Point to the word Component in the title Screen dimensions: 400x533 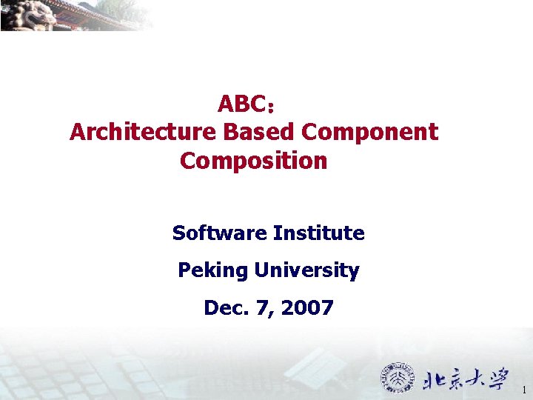pos(370,132)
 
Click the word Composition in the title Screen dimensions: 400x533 pos(253,160)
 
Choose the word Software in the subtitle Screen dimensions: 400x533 pos(219,233)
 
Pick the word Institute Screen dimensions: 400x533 pos(319,233)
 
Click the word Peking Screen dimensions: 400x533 pos(212,270)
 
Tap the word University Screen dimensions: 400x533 pos(306,270)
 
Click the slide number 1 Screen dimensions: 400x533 pos(523,390)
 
